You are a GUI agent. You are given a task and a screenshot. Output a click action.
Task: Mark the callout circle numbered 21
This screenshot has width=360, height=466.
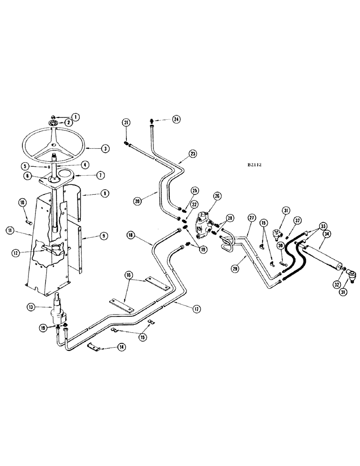[126, 122]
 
